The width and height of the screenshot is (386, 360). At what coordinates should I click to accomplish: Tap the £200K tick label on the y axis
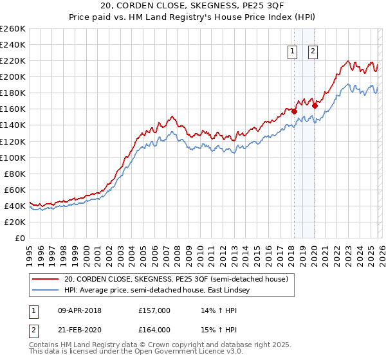13,76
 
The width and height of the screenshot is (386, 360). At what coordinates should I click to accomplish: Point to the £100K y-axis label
13,157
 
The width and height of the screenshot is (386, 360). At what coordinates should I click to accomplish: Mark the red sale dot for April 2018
294,111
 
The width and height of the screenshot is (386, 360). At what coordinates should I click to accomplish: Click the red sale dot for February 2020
315,105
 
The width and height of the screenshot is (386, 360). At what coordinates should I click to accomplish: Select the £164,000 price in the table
154,330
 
